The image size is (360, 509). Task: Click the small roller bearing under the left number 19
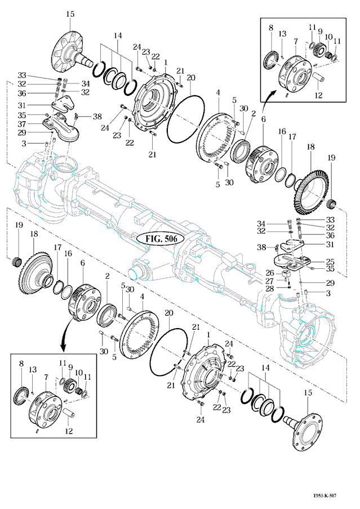click(17, 262)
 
